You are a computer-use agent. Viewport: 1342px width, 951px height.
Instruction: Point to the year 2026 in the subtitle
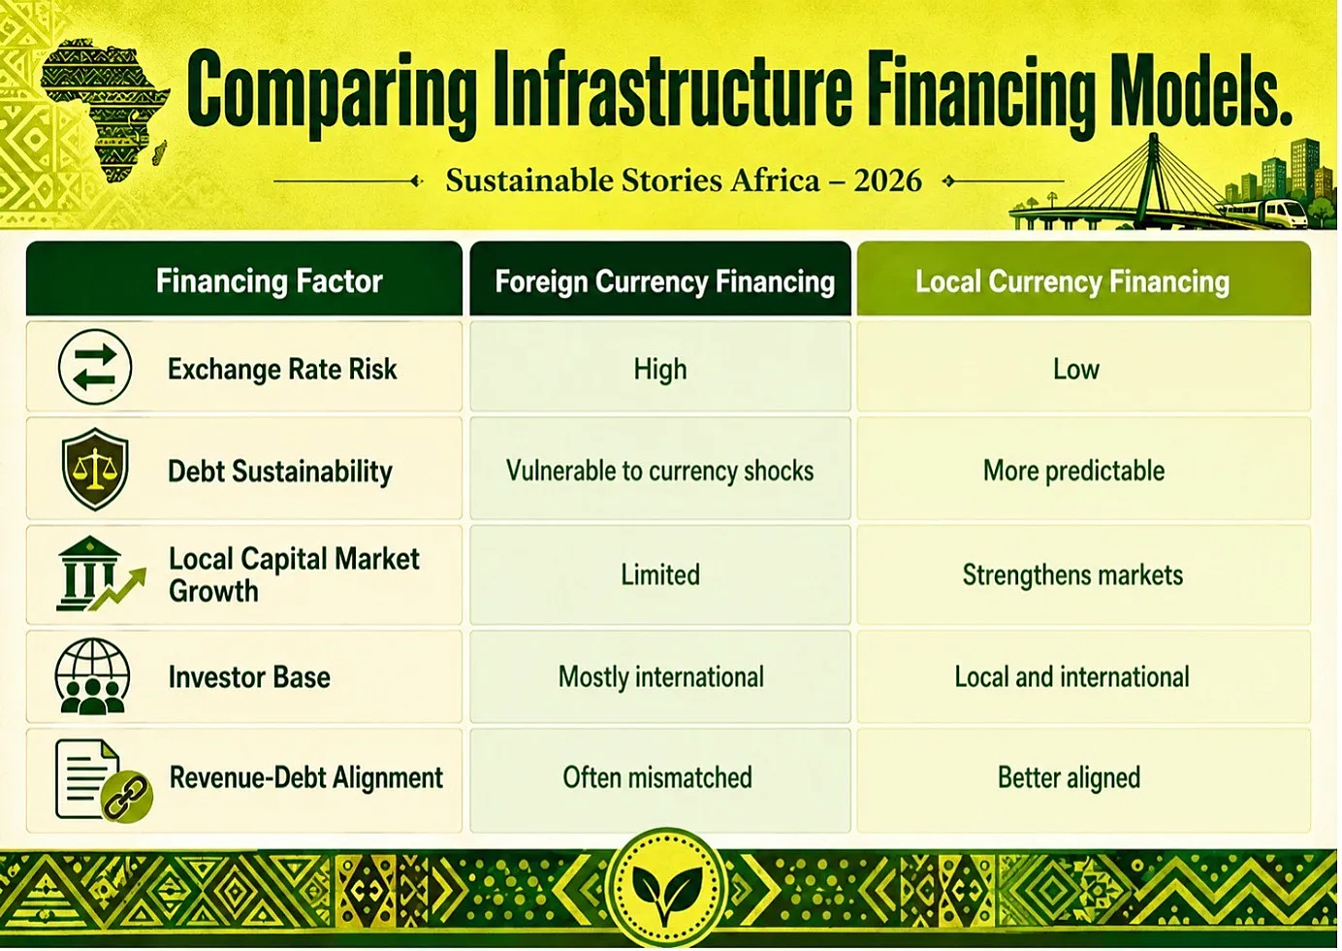[887, 180]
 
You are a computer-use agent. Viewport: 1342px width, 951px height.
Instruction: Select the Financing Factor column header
[269, 281]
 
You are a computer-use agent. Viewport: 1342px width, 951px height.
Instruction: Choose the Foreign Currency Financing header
[664, 281]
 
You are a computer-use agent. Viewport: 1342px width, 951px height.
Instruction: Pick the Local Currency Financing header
[1072, 281]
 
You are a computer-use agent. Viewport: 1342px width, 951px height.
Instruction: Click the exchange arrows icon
[95, 367]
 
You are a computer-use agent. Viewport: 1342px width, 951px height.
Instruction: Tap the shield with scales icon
[95, 469]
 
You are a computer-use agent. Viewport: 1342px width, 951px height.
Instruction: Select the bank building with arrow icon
[100, 574]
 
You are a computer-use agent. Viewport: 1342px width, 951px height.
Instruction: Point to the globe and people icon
[92, 675]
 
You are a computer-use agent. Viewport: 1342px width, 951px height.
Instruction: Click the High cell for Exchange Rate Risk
[660, 369]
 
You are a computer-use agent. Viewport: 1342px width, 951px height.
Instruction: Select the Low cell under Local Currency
[1076, 369]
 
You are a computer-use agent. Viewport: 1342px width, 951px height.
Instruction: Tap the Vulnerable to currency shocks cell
[659, 471]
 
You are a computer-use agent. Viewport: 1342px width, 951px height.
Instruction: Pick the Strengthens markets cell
[1072, 574]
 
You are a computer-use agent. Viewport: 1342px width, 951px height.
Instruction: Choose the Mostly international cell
[660, 677]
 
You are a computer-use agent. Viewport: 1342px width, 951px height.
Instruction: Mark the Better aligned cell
[1069, 777]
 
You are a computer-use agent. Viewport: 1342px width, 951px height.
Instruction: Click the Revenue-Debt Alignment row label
[306, 777]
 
